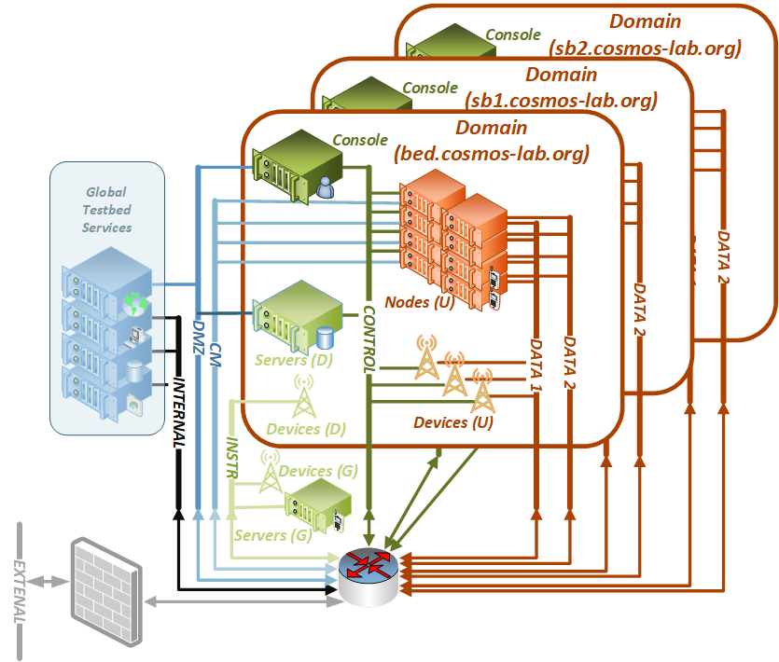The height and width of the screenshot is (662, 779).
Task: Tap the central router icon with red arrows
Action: click(x=370, y=573)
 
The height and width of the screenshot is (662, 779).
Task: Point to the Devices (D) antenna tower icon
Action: click(x=303, y=398)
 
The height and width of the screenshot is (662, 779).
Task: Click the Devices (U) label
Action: click(x=453, y=422)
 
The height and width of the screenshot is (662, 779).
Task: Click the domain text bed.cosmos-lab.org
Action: click(x=492, y=154)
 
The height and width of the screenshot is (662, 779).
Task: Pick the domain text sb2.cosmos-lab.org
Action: click(x=646, y=47)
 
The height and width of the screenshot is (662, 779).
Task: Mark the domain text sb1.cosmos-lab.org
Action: click(x=562, y=100)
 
